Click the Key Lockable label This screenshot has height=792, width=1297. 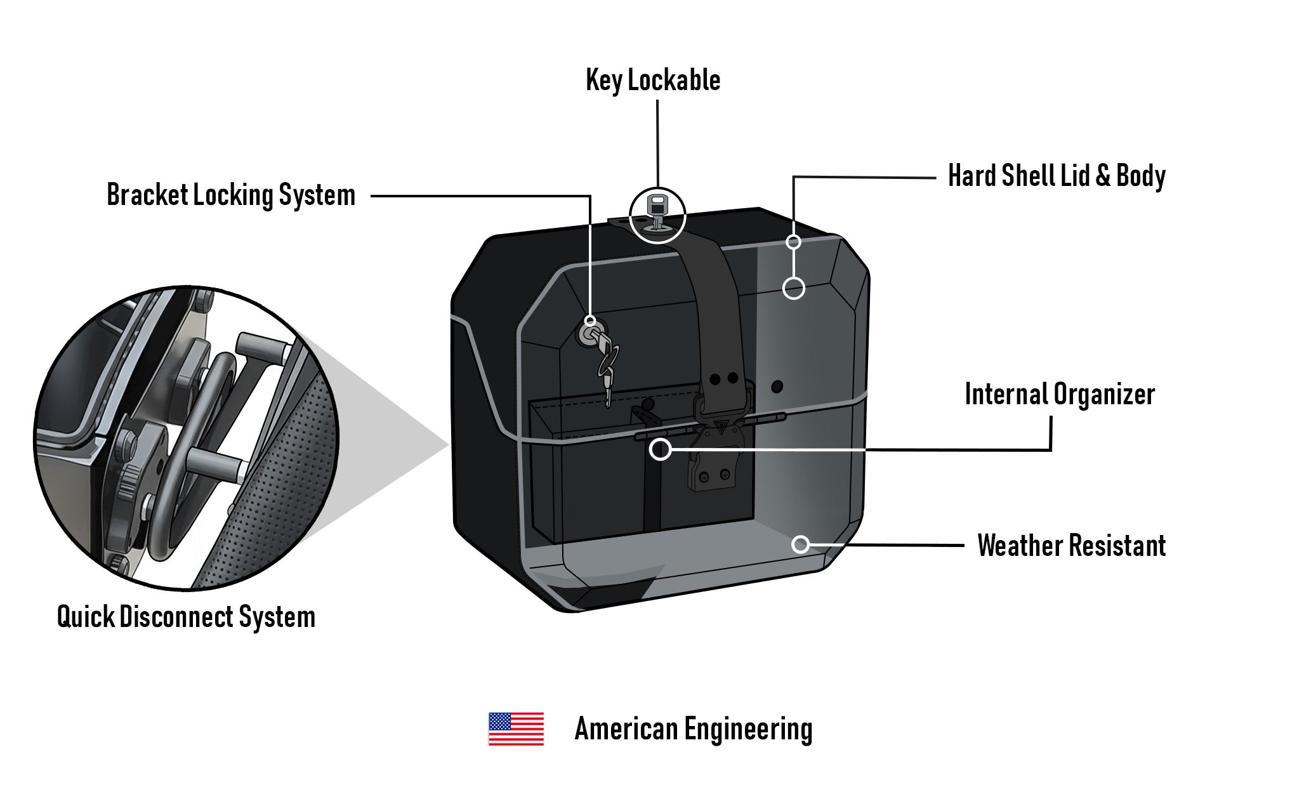pos(653,81)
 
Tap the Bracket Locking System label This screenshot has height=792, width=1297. pos(231,195)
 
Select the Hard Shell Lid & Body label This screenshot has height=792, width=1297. pos(1056,176)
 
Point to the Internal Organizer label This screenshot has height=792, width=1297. pos(1059,394)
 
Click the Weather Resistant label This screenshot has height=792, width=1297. pos(1071,545)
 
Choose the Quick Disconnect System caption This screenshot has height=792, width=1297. pos(186,616)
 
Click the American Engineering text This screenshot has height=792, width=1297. pos(693,729)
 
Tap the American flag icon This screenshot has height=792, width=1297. pos(516,729)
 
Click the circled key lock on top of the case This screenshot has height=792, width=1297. pos(657,214)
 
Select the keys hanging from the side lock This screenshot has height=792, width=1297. pos(607,368)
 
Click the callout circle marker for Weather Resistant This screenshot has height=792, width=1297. pos(801,544)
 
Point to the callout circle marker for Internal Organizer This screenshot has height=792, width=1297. pos(661,449)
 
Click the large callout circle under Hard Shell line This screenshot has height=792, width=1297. pos(793,288)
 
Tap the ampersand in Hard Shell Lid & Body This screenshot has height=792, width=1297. pos(1103,176)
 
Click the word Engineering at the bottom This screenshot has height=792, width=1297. pos(748,729)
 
